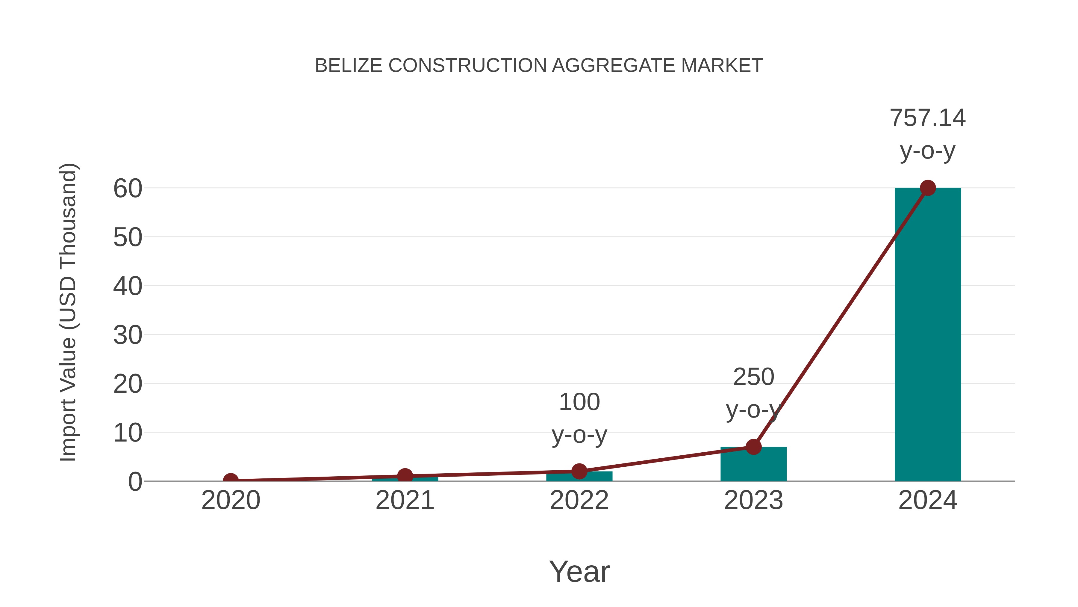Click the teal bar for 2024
(x=927, y=335)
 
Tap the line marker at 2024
(x=928, y=188)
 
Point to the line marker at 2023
(x=753, y=447)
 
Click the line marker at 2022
(x=579, y=471)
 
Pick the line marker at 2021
(x=405, y=476)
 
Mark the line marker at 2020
(x=231, y=481)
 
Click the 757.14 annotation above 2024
(x=927, y=118)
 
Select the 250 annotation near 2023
(x=753, y=377)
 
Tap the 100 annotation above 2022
(x=579, y=402)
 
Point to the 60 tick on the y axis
(x=128, y=189)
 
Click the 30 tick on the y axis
(x=128, y=335)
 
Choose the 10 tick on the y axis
(x=128, y=433)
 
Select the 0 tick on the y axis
(x=135, y=482)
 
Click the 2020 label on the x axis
(x=231, y=500)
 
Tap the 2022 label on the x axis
(x=579, y=500)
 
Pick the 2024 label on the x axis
(x=927, y=500)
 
